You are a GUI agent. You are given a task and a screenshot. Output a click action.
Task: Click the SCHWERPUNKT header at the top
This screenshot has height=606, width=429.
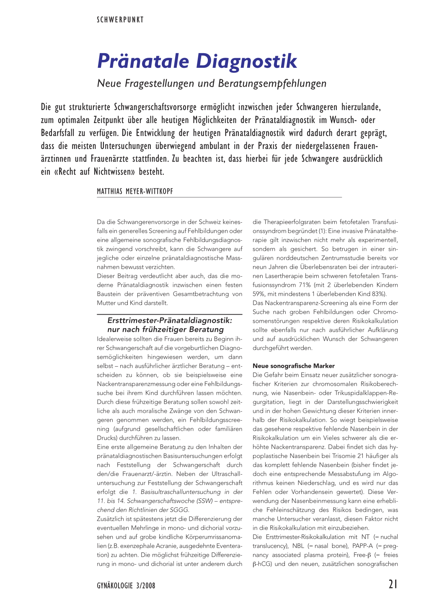[120, 20]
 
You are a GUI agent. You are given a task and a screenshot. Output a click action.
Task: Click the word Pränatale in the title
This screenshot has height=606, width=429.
[143, 61]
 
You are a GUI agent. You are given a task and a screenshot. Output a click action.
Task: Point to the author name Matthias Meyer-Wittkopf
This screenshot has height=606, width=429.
[135, 191]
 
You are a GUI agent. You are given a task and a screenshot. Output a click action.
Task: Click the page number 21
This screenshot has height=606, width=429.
[393, 584]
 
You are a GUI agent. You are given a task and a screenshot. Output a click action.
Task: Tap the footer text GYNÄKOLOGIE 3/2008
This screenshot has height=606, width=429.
[126, 585]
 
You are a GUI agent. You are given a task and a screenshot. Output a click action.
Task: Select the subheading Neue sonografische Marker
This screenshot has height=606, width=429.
[294, 366]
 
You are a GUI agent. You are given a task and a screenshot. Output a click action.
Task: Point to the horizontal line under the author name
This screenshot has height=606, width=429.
[219, 197]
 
